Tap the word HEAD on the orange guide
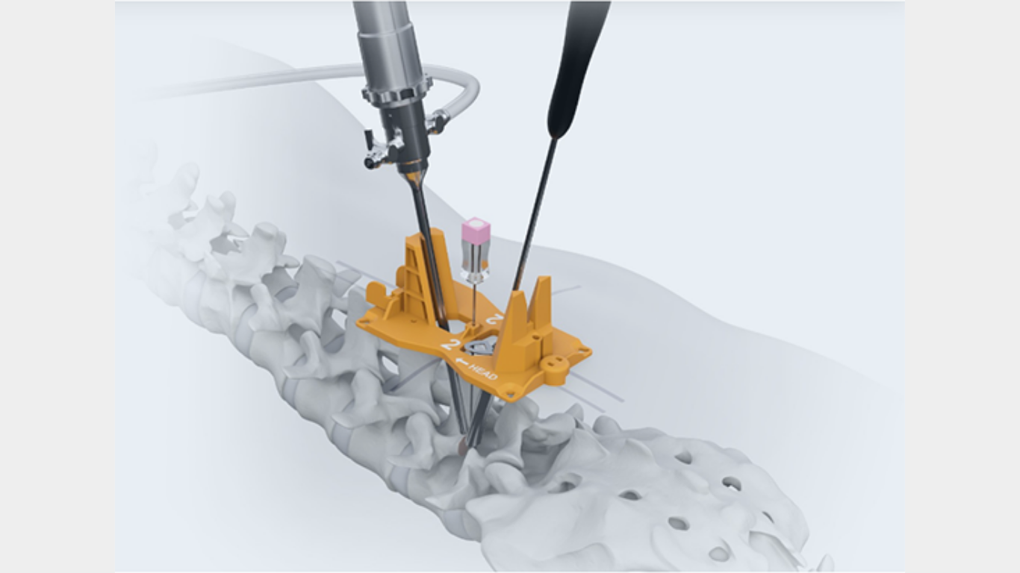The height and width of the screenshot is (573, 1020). (483, 372)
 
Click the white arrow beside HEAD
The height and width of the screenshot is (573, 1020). (461, 363)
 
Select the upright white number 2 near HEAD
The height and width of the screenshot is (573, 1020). (449, 344)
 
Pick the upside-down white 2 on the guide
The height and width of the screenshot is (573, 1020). (494, 319)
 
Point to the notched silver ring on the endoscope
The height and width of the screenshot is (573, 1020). (397, 93)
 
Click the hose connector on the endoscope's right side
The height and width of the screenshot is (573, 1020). (437, 122)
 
